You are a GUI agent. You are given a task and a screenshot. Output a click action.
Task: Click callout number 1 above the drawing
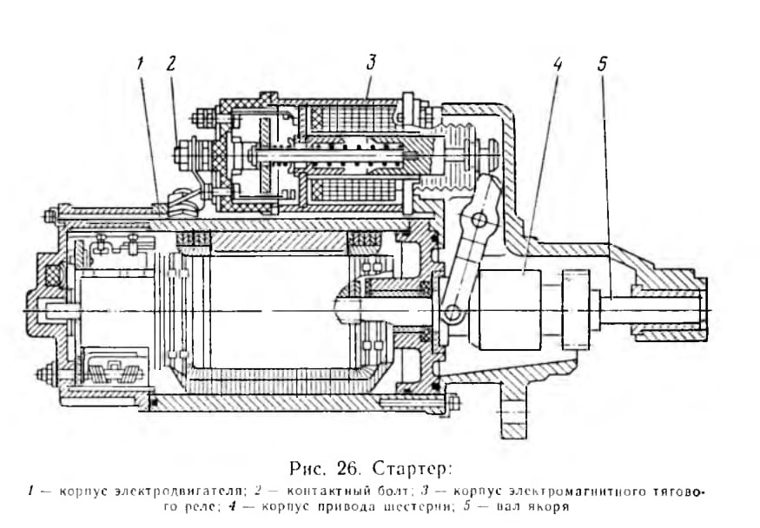[140, 64]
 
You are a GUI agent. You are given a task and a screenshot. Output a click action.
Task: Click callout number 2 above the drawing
[170, 64]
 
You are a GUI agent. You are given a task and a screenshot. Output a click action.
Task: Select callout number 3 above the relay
[371, 63]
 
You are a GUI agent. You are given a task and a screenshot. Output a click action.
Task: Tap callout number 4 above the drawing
[558, 64]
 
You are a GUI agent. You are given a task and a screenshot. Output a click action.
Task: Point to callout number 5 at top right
[602, 64]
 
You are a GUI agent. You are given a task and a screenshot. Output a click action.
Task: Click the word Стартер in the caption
[412, 468]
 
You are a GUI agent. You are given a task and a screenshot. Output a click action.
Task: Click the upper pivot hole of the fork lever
[479, 221]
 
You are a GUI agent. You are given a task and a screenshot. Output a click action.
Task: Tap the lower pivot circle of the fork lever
[453, 312]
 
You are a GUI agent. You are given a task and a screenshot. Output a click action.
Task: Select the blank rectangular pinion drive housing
[509, 310]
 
